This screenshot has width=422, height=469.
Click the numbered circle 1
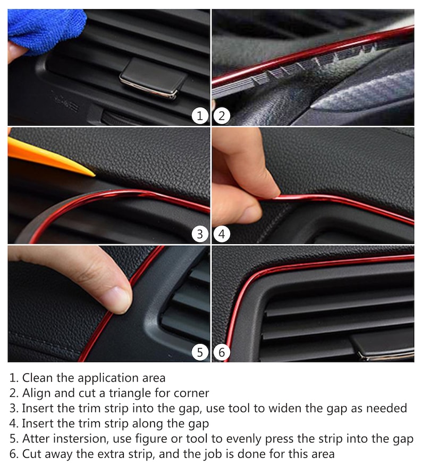pos(200,116)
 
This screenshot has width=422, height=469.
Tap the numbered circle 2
pos(222,116)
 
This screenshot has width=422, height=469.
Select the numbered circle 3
pos(200,234)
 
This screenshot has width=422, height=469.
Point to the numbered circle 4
pos(222,234)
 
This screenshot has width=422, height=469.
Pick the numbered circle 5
pos(200,352)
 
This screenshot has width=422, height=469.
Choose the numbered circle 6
pos(222,352)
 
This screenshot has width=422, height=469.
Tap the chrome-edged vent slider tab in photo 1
pos(153,79)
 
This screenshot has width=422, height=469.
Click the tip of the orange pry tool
pos(94,175)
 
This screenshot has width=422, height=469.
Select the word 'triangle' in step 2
pos(130,394)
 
